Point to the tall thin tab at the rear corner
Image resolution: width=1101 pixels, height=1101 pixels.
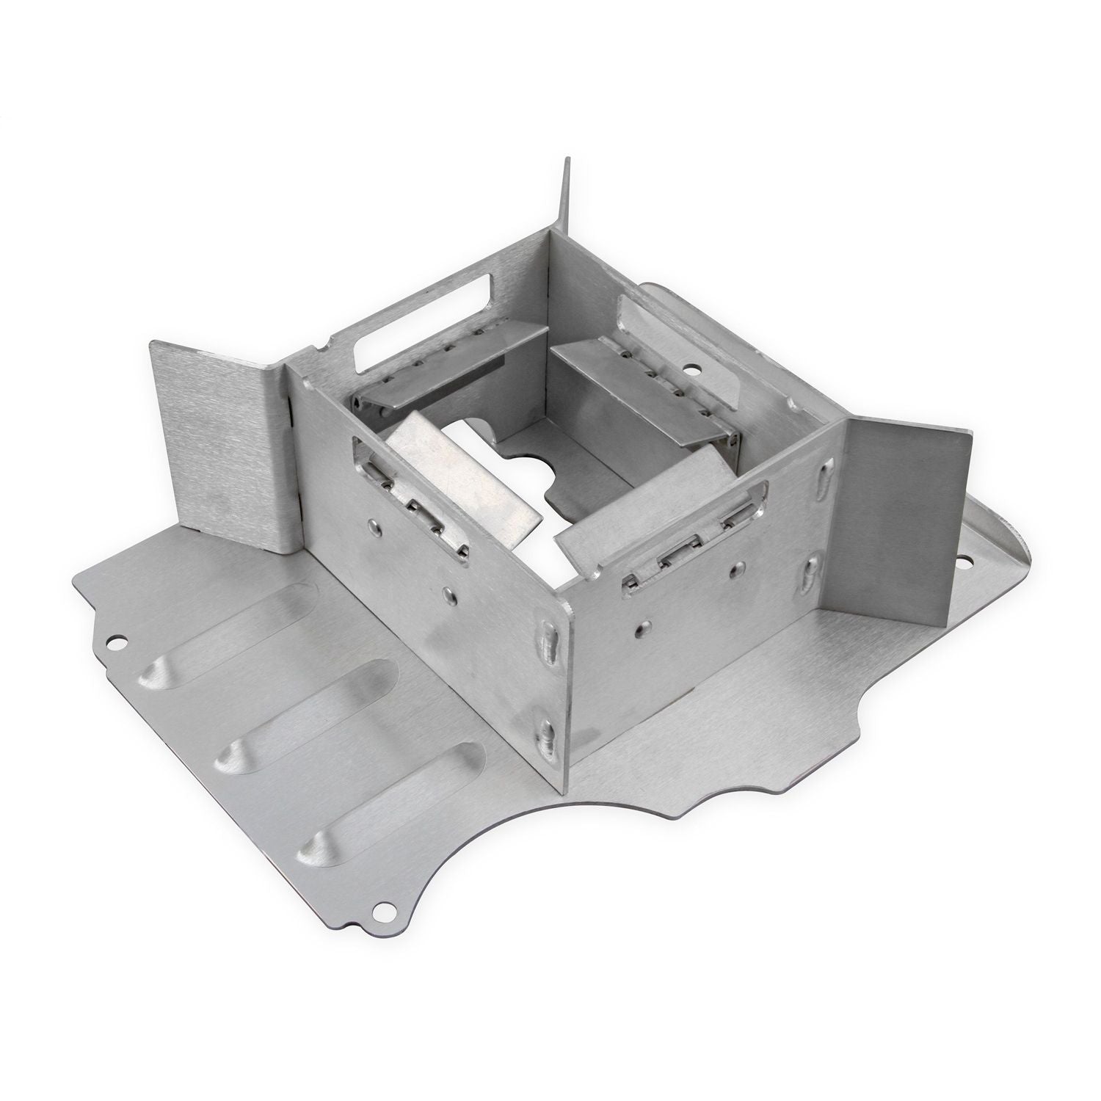[566, 198]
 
